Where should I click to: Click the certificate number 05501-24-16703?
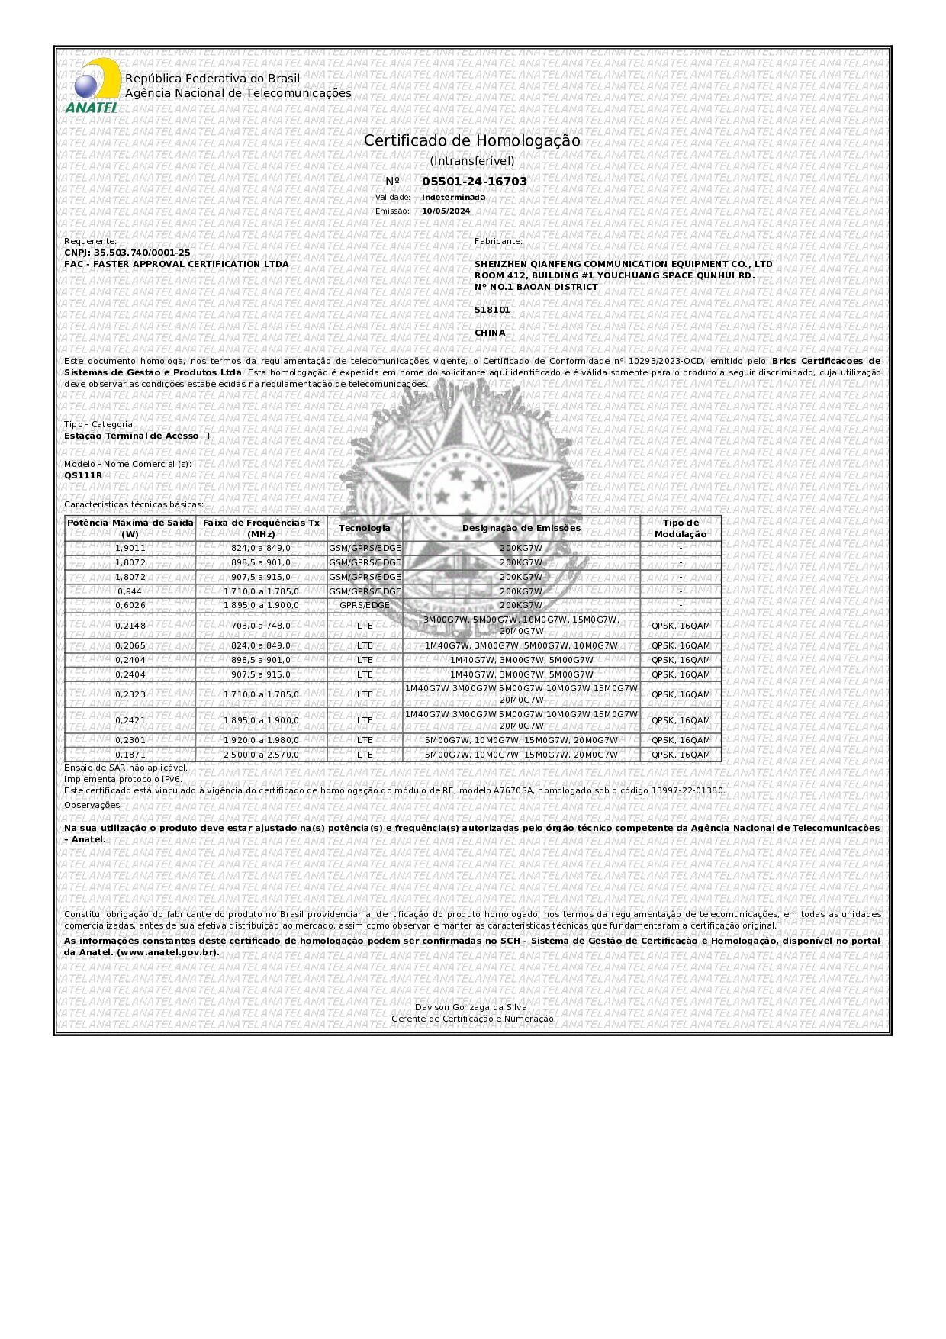(474, 182)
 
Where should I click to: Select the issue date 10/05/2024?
(446, 211)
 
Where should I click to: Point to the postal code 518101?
(492, 310)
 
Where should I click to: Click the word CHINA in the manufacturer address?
(490, 333)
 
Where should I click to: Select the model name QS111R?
(83, 475)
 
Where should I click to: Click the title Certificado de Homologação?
(471, 141)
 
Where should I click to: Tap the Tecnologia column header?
(364, 528)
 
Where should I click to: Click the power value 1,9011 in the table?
(130, 548)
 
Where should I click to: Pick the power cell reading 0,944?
(130, 591)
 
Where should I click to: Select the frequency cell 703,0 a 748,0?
(261, 626)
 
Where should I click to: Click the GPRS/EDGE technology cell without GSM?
(364, 605)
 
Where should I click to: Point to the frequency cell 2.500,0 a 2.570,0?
(261, 755)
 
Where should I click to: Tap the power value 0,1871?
(130, 755)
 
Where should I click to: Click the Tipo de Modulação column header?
(680, 528)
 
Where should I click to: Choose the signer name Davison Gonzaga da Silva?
(471, 1007)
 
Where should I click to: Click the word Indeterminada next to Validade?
(453, 198)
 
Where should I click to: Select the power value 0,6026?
(130, 605)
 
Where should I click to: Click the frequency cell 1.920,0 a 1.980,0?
(261, 740)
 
